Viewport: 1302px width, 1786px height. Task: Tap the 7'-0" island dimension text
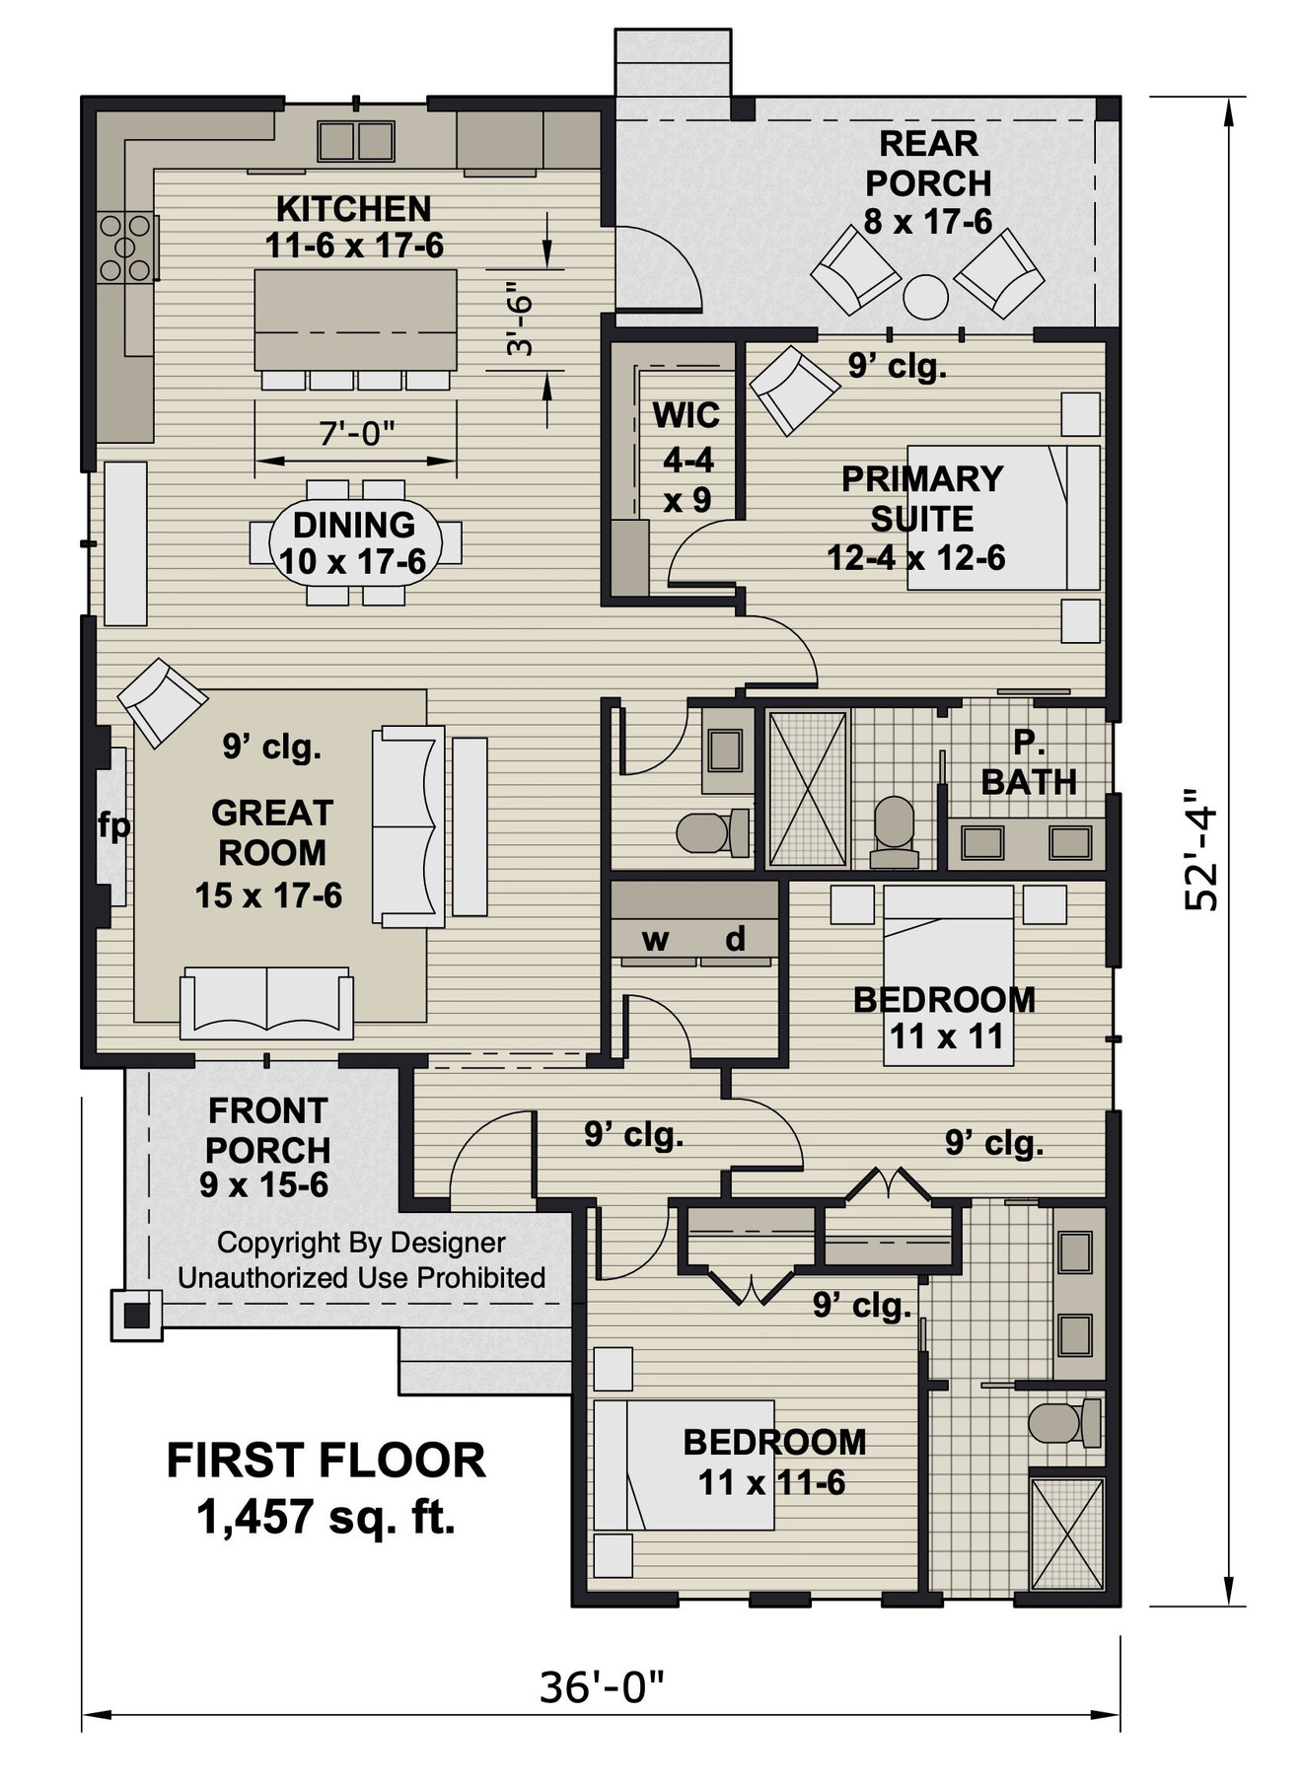(356, 433)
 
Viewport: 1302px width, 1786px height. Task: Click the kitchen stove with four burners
(125, 248)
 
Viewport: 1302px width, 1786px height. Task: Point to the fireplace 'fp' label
(113, 825)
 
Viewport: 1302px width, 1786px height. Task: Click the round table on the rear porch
(925, 296)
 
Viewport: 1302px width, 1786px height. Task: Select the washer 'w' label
(655, 939)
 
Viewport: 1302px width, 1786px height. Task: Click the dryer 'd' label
(735, 939)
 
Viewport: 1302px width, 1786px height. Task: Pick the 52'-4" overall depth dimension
(1202, 848)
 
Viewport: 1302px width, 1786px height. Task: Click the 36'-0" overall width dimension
(602, 1687)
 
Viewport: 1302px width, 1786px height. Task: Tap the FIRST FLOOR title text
(325, 1461)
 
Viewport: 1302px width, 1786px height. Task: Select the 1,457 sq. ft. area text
(325, 1517)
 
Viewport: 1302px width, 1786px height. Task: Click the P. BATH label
(1028, 762)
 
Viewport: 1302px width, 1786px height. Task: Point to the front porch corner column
(135, 1314)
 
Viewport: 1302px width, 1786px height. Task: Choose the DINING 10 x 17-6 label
(353, 542)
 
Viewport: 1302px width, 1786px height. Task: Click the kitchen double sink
(356, 140)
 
